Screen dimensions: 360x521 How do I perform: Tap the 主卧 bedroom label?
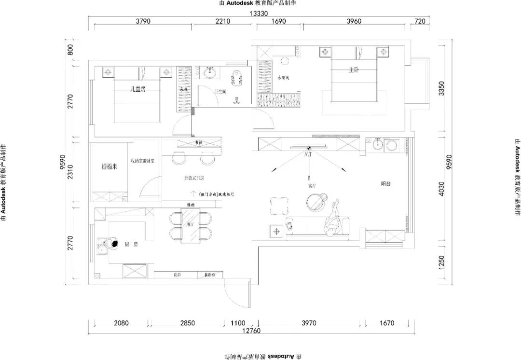[x=354, y=70]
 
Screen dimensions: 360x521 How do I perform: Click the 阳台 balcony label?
[x=386, y=184]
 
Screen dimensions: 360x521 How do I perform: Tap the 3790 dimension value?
[x=143, y=21]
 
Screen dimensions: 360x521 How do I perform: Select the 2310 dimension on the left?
[x=70, y=172]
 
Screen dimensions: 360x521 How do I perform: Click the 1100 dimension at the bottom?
[x=238, y=323]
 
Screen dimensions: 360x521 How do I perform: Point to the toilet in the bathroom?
[x=236, y=79]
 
